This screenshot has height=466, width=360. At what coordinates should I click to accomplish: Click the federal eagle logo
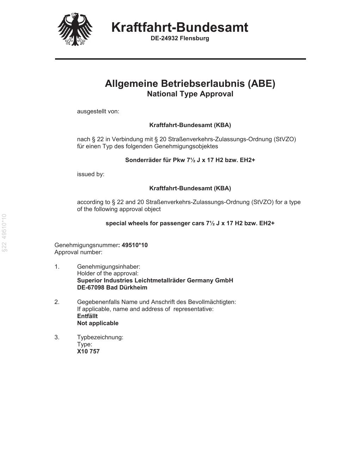75,29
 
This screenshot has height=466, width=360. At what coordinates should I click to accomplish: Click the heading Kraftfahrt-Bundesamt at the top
180,27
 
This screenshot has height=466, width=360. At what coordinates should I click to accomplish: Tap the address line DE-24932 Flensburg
180,38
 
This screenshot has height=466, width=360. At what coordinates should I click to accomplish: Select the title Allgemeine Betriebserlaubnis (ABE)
190,84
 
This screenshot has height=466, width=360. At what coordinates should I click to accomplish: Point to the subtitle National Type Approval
190,94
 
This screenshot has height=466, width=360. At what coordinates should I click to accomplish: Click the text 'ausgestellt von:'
98,112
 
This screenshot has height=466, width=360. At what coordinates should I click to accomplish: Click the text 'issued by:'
91,174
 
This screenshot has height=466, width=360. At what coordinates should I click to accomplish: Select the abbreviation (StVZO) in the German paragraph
284,139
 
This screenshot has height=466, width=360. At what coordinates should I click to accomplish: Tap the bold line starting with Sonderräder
190,160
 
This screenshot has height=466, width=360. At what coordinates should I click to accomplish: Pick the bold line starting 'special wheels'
190,223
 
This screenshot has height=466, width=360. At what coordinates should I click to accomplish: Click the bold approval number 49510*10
134,245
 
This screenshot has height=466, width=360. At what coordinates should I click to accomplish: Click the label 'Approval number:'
78,252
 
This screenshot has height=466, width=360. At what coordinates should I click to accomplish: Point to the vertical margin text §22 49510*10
5,233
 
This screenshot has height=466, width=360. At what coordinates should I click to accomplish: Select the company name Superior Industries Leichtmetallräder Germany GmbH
155,280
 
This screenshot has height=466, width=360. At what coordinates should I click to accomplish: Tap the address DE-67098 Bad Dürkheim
112,287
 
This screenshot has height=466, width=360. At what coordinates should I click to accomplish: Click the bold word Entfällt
87,316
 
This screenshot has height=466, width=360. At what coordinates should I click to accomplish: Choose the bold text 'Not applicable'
98,323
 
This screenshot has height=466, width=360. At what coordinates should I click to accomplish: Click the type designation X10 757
88,351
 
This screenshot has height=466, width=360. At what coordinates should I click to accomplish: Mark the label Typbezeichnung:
100,337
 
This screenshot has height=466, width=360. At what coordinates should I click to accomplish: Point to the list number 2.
57,302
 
